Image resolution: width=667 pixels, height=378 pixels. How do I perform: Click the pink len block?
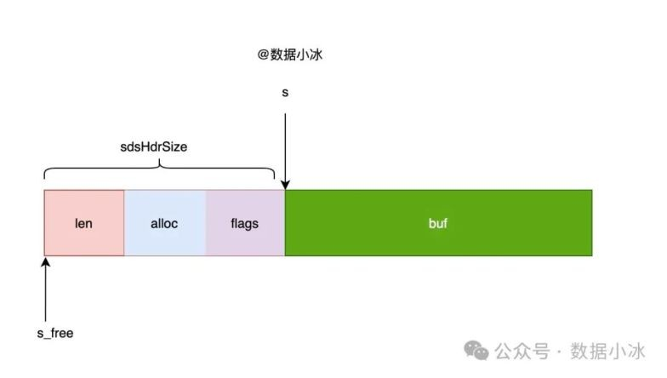tap(84, 223)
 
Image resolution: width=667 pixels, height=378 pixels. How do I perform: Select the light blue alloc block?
tap(165, 223)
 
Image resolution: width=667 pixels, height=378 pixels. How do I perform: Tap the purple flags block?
tap(245, 223)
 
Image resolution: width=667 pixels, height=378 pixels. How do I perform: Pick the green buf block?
tap(439, 223)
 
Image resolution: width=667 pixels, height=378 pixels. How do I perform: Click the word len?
tap(83, 223)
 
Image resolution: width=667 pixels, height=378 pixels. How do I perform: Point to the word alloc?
tap(164, 223)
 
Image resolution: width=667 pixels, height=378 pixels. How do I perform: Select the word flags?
tap(245, 224)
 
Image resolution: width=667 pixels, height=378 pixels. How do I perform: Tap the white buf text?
tap(437, 223)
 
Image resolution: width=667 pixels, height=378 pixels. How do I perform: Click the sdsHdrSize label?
tap(153, 146)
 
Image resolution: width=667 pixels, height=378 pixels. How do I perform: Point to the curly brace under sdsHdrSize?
tap(160, 168)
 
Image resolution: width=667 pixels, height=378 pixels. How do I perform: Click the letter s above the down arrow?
tap(285, 92)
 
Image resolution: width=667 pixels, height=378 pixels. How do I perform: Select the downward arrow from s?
tap(285, 152)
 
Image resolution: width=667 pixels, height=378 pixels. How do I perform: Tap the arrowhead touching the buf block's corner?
tap(285, 185)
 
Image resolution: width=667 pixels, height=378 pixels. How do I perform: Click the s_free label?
tap(55, 333)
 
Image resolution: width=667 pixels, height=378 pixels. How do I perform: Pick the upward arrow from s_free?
tap(46, 289)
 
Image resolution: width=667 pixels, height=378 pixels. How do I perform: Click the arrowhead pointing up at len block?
tap(46, 261)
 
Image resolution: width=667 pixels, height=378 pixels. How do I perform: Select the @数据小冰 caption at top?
tap(289, 54)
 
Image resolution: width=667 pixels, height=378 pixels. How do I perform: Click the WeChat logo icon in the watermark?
tap(476, 351)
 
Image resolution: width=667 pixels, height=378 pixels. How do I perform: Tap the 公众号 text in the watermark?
tap(522, 351)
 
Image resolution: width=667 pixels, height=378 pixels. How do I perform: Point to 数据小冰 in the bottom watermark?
tap(607, 351)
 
